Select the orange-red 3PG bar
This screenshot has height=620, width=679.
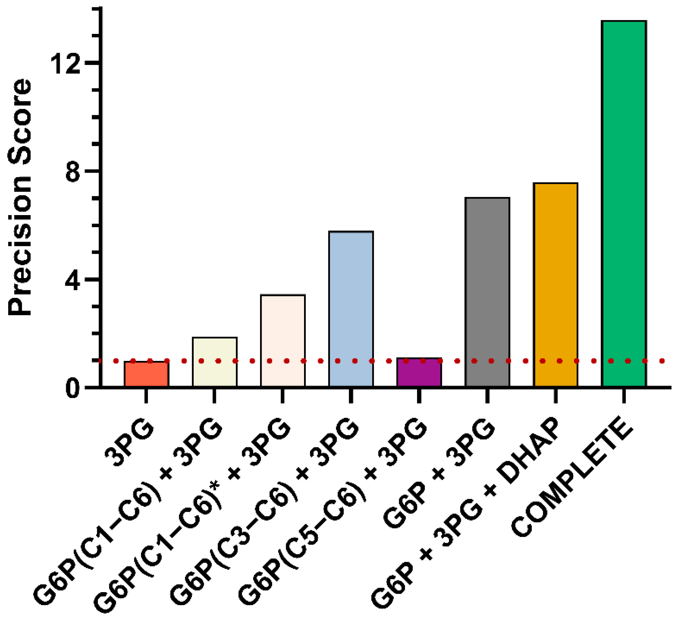(x=146, y=374)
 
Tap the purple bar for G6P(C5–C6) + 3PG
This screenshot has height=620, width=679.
(x=419, y=372)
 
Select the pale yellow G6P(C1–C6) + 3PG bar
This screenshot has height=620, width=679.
(x=215, y=362)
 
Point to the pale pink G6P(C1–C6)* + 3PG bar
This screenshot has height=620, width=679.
(x=283, y=340)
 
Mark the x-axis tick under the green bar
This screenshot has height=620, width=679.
(x=624, y=396)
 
